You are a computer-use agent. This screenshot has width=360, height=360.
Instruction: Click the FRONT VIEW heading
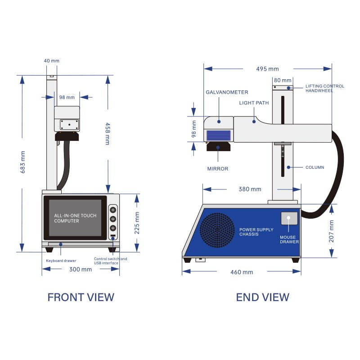click(x=81, y=297)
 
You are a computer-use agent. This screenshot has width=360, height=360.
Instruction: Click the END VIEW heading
click(x=262, y=297)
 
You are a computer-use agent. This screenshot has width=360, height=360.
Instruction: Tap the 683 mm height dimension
click(x=23, y=162)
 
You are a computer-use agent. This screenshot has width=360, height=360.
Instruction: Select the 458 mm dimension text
click(x=107, y=133)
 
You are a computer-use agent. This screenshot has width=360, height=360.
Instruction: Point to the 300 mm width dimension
click(x=81, y=270)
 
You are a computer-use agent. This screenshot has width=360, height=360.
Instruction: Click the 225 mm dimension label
click(x=137, y=223)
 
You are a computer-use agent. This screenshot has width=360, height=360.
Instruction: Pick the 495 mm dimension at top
click(x=267, y=69)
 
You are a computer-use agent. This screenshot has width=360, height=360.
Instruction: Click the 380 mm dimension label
click(x=250, y=189)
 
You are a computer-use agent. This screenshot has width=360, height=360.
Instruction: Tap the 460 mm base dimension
click(x=242, y=272)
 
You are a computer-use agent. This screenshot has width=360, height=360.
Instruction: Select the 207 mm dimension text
click(x=332, y=231)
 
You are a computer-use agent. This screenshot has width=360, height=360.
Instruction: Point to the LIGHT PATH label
click(x=254, y=103)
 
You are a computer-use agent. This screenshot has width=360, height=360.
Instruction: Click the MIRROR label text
click(x=218, y=169)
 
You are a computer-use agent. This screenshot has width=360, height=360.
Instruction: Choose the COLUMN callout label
click(x=315, y=167)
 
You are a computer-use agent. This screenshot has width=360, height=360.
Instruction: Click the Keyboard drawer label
click(x=61, y=261)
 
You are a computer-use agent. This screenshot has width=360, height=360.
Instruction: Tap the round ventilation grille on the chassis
click(x=217, y=230)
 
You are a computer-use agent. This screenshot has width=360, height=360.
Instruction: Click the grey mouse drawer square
click(x=289, y=218)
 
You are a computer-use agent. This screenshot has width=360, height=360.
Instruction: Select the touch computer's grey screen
click(x=75, y=218)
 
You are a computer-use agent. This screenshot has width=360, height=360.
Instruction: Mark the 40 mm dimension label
click(x=52, y=61)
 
